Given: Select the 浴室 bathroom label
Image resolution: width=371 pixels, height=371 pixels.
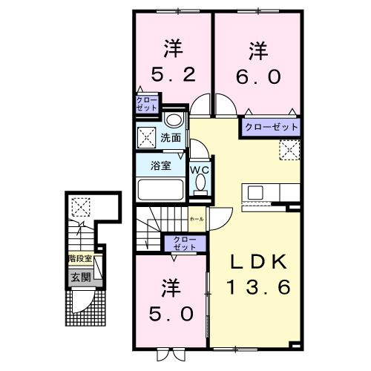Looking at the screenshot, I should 161,165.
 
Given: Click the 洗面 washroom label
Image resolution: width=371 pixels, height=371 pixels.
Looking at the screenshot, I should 170,137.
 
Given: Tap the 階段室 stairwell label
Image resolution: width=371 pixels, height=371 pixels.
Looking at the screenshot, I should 79,259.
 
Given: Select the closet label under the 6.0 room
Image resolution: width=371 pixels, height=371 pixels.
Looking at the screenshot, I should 271,127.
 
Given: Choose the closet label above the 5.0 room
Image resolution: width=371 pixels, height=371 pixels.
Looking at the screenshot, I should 184,243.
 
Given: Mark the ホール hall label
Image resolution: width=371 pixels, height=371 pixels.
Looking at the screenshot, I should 197,220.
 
